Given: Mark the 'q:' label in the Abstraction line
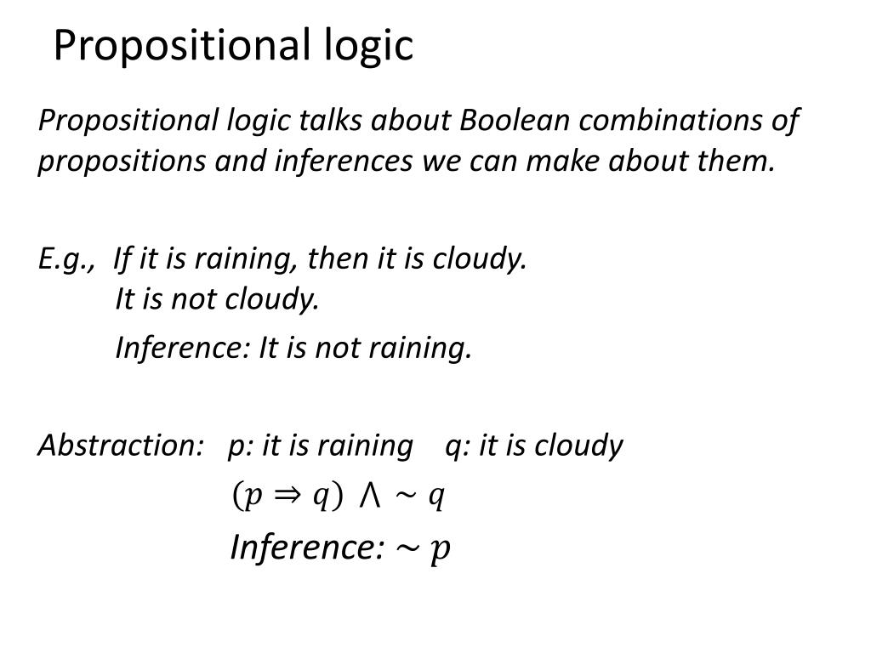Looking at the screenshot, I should (458, 446).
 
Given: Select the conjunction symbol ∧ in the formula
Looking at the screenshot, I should (369, 496).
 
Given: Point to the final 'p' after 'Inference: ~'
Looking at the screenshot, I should (440, 550).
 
